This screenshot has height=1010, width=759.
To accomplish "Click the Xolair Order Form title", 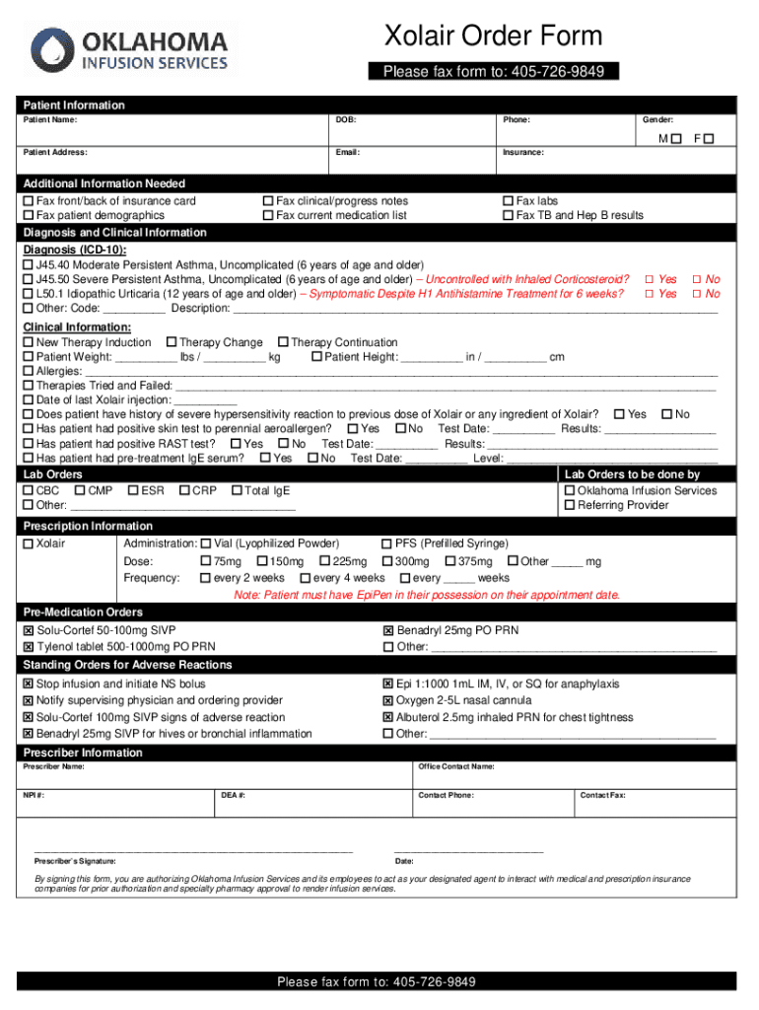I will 493,36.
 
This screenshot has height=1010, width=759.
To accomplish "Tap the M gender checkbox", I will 675,139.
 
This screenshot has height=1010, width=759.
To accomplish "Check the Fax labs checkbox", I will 509,201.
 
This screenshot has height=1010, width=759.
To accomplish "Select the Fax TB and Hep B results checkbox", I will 509,215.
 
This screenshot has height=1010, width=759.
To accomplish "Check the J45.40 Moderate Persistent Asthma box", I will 28,266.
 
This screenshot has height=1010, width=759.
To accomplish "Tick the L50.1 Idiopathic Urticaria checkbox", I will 28,294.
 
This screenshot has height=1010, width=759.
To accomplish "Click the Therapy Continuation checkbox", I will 283,343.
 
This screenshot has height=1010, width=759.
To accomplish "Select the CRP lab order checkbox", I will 184,491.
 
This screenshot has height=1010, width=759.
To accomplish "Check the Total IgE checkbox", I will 237,491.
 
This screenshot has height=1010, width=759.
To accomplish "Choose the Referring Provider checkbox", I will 570,505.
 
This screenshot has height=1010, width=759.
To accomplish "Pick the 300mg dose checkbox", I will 387,561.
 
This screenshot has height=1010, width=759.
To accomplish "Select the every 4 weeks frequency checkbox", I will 306,578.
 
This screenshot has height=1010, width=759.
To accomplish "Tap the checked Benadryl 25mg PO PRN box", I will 388,631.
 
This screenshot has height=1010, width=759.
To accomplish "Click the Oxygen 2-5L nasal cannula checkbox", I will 388,701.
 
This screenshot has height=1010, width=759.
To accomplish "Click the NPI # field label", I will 34,795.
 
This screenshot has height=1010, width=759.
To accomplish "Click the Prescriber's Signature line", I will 192,848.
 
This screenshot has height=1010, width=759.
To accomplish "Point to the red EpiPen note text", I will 427,595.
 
